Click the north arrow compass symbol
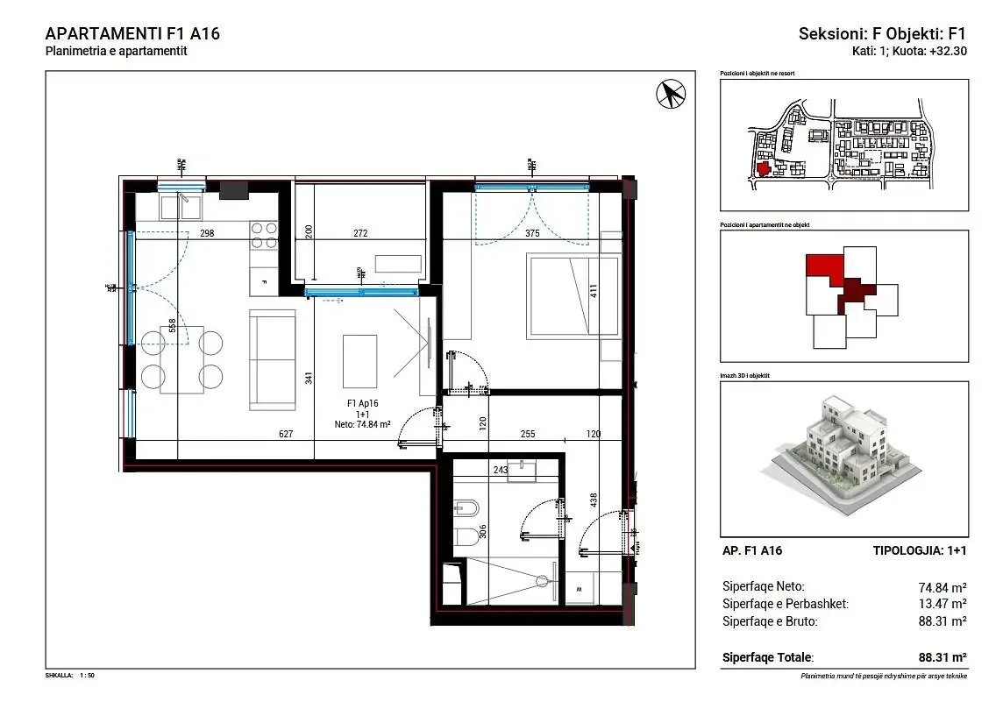[x=671, y=94]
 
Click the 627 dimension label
[x=285, y=433]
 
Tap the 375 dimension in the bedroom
[x=531, y=233]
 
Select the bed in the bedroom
[x=572, y=294]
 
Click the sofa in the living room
[x=274, y=359]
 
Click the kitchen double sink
[x=181, y=207]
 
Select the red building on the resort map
[x=762, y=168]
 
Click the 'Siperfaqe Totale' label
[x=767, y=657]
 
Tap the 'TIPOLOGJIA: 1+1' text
[x=920, y=551]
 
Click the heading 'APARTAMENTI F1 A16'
[x=132, y=34]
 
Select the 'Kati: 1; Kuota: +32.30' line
[x=909, y=51]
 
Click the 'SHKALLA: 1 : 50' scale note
[x=70, y=676]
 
